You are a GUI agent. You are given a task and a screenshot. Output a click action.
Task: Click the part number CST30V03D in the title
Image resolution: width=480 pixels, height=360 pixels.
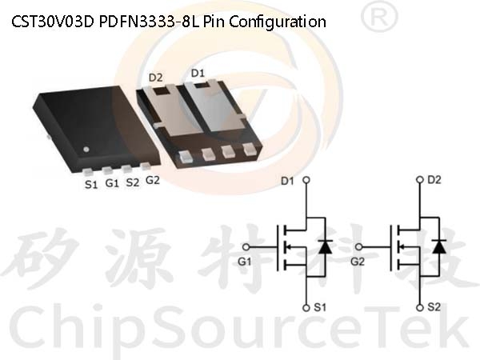click(x=52, y=22)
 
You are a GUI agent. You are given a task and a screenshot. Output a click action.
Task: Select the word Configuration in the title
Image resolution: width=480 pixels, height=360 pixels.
click(x=278, y=22)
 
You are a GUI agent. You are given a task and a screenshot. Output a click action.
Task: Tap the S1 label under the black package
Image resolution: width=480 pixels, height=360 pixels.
click(x=91, y=185)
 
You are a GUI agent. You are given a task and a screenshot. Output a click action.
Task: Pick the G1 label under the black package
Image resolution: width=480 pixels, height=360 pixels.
click(x=112, y=183)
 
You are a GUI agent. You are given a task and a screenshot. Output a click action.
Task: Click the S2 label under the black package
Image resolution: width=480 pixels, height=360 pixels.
click(x=133, y=182)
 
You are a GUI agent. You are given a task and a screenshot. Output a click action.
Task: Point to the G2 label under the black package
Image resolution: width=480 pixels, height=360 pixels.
click(x=153, y=180)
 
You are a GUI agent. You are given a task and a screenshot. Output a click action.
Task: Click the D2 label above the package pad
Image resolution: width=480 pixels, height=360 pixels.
click(x=155, y=78)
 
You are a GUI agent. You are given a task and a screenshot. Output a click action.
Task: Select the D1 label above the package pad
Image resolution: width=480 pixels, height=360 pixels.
click(x=198, y=73)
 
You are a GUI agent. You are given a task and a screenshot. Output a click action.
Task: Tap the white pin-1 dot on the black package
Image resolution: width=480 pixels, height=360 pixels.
click(x=86, y=150)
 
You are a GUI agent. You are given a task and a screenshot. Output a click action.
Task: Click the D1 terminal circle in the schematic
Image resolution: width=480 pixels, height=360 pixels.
click(x=306, y=180)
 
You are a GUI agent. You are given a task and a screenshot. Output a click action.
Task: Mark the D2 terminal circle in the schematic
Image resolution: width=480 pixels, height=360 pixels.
click(x=420, y=180)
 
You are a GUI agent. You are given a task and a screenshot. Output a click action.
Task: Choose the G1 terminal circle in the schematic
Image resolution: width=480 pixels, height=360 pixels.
click(x=246, y=246)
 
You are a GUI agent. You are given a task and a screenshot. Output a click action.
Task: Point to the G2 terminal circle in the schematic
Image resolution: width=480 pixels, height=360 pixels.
click(x=359, y=246)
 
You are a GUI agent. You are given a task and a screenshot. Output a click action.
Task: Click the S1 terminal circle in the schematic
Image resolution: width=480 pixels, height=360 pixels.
click(x=306, y=308)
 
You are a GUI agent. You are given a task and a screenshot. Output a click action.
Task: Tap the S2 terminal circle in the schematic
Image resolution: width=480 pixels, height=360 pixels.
click(x=420, y=307)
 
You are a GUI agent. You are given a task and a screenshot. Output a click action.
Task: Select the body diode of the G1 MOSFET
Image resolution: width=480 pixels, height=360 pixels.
click(x=325, y=246)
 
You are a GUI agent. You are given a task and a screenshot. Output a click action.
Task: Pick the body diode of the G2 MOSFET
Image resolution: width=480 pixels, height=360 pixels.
click(x=439, y=246)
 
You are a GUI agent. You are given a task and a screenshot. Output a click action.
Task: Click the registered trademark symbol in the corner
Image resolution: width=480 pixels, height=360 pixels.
click(x=380, y=17)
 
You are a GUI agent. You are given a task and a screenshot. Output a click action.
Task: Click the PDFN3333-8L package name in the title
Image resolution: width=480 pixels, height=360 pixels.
click(x=149, y=22)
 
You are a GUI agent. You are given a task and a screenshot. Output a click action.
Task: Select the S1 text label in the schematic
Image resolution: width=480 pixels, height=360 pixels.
click(x=320, y=307)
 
